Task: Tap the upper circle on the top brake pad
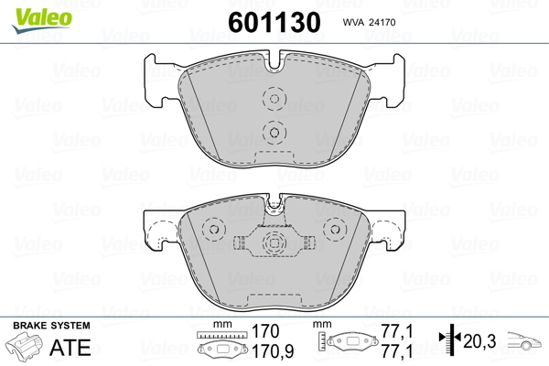(x=273, y=100)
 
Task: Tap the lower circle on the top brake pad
(x=273, y=131)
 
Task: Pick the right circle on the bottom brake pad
(x=333, y=229)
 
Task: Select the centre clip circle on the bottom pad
(x=273, y=243)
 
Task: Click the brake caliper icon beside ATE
(x=26, y=347)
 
